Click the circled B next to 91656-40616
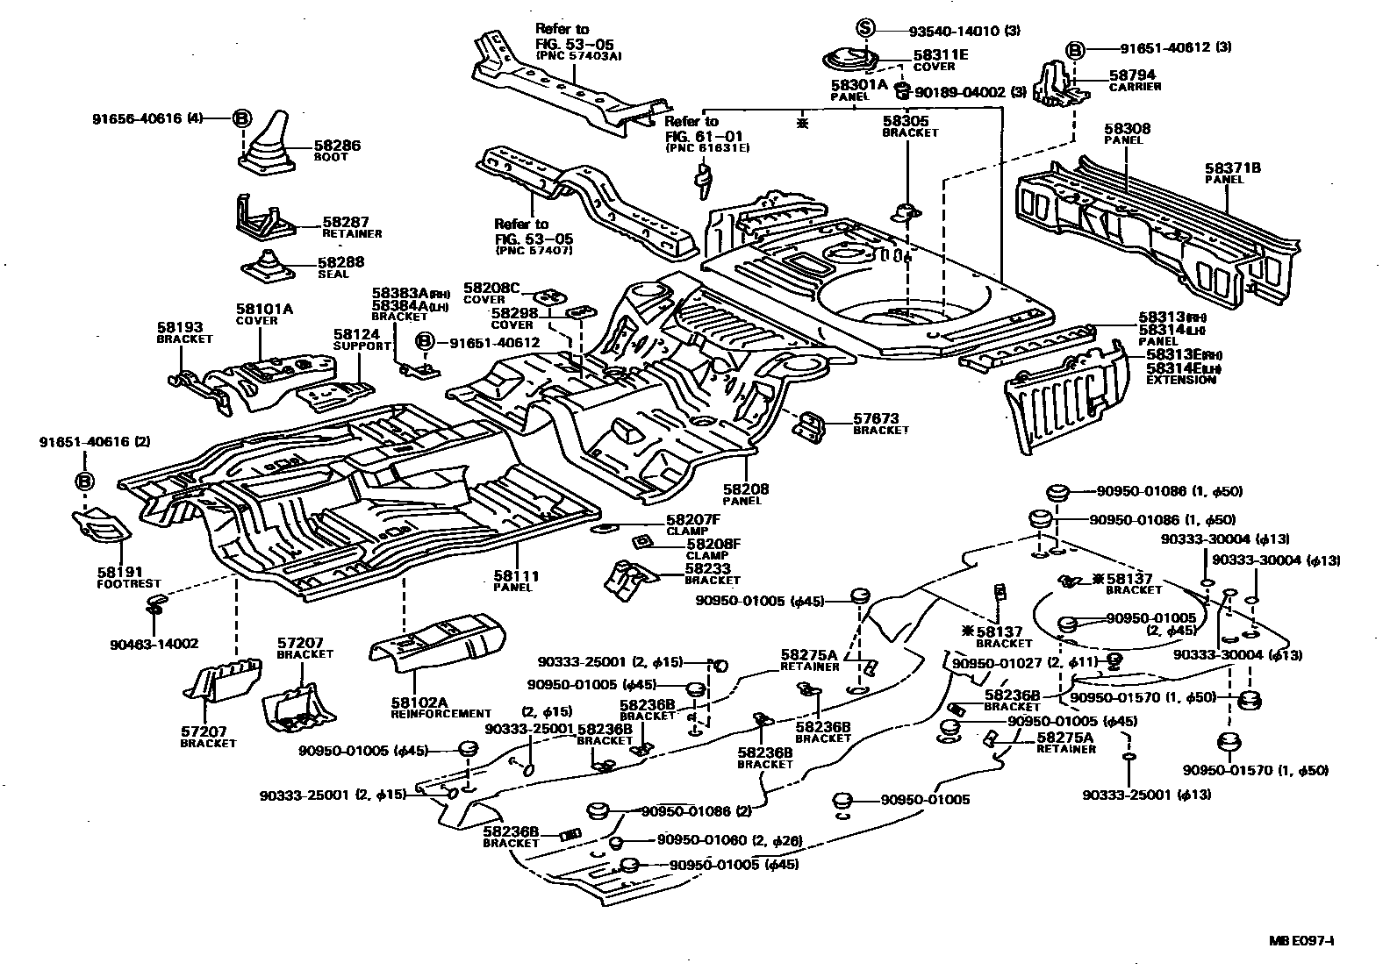pyautogui.click(x=242, y=118)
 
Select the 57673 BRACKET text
pyautogui.click(x=880, y=424)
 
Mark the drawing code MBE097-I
pyautogui.click(x=1301, y=942)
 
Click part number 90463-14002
pyautogui.click(x=154, y=644)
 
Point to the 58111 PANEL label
pyautogui.click(x=515, y=581)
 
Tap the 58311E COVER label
pyautogui.click(x=940, y=60)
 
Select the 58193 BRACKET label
pyautogui.click(x=184, y=332)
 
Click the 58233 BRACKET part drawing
pyautogui.click(x=630, y=579)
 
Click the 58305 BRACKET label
pyautogui.click(x=909, y=126)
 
